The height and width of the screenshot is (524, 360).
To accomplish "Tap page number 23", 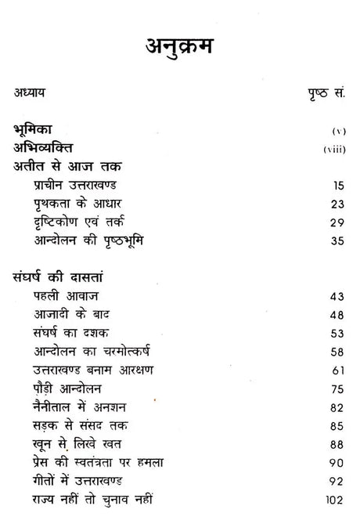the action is pos(337,203).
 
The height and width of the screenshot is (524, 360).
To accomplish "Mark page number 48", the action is pos(337,315).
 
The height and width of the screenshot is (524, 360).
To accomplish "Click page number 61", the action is pos(337,370).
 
